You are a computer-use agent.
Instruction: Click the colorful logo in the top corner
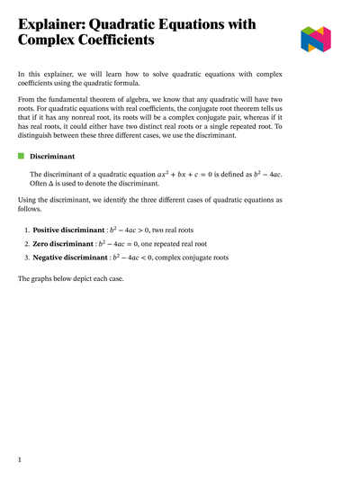pos(316,39)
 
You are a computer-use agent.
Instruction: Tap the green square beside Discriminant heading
pos(22,156)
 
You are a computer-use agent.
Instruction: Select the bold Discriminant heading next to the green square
pos(53,156)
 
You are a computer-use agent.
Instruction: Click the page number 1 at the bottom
pos(19,459)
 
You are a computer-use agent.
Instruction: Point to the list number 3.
pos(27,257)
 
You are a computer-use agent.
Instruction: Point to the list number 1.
pos(27,230)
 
